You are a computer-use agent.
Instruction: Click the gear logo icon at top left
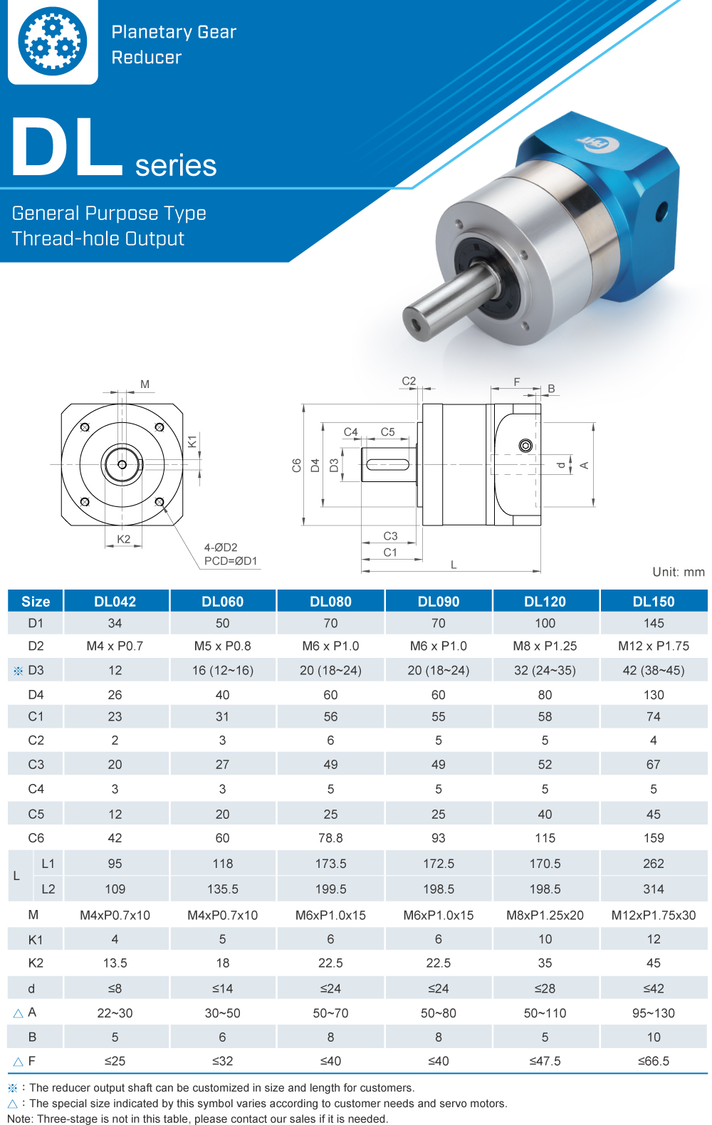click(x=52, y=41)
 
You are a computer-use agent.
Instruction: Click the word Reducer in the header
click(x=147, y=58)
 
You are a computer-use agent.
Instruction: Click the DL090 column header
click(x=438, y=601)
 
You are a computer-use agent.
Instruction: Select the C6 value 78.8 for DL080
click(x=330, y=838)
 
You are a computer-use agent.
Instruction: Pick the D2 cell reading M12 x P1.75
click(x=653, y=646)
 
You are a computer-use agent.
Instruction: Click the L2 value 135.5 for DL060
click(x=222, y=889)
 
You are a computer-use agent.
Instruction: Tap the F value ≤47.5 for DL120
click(x=545, y=1061)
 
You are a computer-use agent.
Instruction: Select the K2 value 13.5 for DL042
click(x=115, y=963)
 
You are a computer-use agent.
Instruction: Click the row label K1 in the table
click(x=36, y=939)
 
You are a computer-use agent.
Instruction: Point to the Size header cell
click(x=36, y=601)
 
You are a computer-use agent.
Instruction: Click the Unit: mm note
click(x=678, y=572)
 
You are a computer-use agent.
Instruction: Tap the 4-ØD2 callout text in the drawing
click(x=221, y=548)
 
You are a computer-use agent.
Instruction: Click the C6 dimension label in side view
click(x=297, y=465)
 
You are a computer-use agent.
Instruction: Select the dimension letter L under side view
click(x=454, y=565)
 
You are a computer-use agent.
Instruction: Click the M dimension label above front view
click(x=145, y=384)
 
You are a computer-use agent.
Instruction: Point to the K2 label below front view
click(x=124, y=539)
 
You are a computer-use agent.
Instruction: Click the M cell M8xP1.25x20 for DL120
click(x=545, y=915)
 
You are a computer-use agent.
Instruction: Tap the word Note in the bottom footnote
click(x=20, y=1119)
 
